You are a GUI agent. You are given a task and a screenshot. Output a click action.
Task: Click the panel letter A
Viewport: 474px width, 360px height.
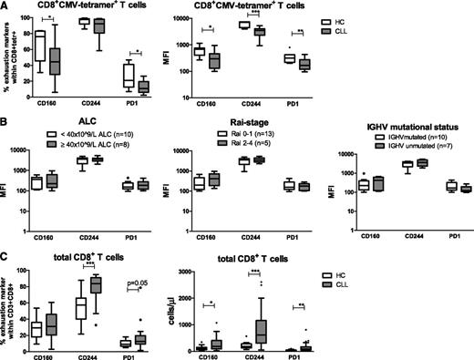(x=5, y=7)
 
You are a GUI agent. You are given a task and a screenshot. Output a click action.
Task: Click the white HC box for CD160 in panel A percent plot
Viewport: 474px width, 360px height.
(x=38, y=46)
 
